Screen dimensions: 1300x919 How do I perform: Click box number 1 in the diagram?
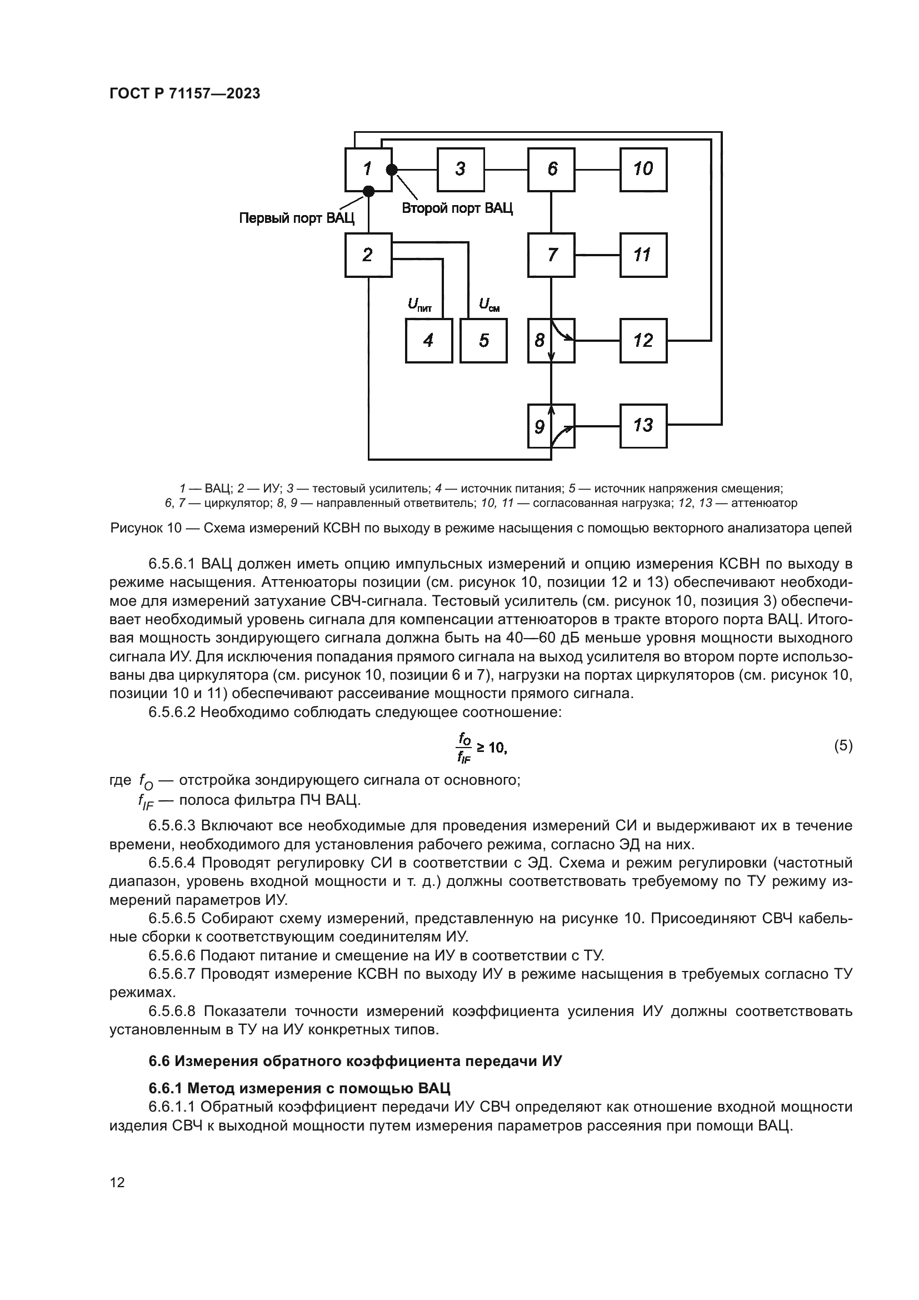368,170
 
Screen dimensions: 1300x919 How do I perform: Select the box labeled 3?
461,170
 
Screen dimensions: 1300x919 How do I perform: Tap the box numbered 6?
551,170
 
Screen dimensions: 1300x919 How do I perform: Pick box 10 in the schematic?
643,170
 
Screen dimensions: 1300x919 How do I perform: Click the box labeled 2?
368,255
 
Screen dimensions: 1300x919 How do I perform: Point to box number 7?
551,255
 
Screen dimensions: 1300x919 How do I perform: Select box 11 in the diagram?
643,255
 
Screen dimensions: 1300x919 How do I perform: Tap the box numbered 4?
428,340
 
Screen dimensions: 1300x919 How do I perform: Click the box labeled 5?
483,340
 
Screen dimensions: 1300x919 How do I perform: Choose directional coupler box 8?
551,340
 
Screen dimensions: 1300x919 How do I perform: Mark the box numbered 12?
643,340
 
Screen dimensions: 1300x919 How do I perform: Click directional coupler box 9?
551,426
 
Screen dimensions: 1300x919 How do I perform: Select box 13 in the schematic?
643,426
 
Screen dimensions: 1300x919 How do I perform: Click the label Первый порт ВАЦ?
297,218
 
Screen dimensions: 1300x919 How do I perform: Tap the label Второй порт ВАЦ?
457,208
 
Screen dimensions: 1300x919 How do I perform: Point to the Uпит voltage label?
419,305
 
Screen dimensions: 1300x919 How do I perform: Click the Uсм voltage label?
489,305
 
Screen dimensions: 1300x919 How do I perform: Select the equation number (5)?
843,746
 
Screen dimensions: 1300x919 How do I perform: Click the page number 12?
117,1182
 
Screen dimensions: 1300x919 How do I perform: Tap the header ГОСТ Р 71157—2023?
184,94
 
